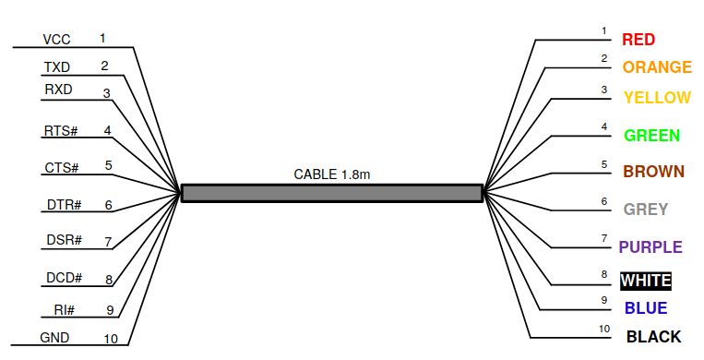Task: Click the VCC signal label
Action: coord(56,41)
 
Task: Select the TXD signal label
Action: coord(56,67)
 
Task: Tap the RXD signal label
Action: coord(58,90)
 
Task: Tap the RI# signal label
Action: coord(64,311)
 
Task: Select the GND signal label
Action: coord(54,338)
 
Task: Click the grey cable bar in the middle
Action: coord(332,192)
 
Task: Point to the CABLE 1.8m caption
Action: coord(332,174)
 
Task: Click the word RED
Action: coord(638,40)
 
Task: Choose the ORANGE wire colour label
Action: coord(656,67)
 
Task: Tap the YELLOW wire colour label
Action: coord(656,98)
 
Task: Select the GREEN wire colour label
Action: coord(651,136)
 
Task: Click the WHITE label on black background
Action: coord(646,281)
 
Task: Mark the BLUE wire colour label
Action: coord(646,308)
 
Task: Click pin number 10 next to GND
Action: coord(111,339)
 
